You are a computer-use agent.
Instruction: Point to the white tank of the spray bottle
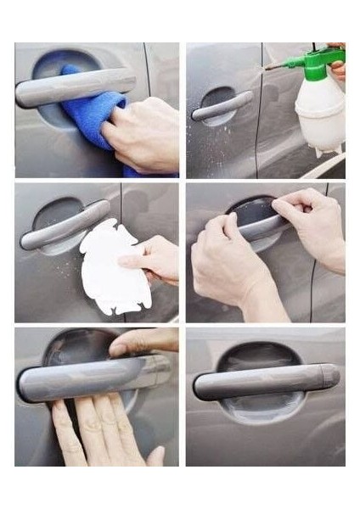[320, 110]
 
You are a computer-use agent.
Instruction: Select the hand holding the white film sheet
[153, 259]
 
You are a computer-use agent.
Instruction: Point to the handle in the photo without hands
[263, 382]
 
